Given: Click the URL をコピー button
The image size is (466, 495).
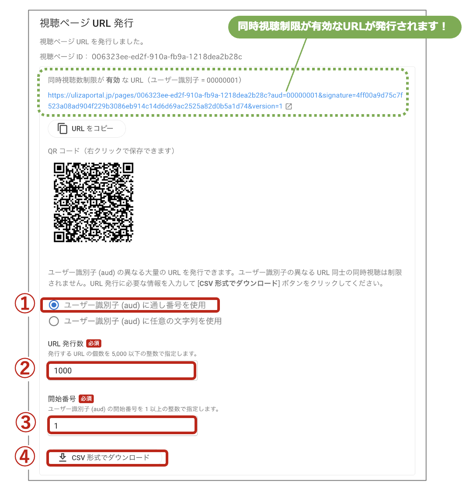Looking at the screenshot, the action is coord(87,129).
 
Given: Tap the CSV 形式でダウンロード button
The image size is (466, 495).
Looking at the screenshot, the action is coord(107,457).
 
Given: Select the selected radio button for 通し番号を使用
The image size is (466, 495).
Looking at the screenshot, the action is coord(54,305).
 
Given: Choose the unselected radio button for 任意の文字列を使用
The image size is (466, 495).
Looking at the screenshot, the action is coord(54,321).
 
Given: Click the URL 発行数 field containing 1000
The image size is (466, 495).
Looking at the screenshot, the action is coord(122,371).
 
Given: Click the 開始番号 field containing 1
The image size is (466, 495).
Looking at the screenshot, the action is coord(122,426).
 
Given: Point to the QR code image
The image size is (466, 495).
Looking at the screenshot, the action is coord(94,202).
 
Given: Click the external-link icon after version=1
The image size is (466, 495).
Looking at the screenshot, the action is coord(289,106).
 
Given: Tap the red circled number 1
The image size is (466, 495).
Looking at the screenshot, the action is coord(25,303).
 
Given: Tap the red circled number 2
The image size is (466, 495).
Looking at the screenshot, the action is coord(25,368).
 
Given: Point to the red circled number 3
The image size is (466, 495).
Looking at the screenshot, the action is coord(25,422).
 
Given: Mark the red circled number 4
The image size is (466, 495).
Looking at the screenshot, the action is coord(25,457).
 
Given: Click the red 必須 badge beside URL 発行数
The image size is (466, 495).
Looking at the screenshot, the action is coord(94,343).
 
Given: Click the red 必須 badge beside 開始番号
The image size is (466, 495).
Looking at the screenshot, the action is coord(86,399).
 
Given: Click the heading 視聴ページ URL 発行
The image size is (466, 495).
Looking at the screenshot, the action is coord(87,23).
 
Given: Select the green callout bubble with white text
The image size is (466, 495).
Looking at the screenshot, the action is coord(344,27).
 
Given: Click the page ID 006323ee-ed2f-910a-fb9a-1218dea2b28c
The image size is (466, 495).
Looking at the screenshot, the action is coord(167,57).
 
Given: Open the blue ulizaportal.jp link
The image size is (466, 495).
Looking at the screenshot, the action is coord(225,101).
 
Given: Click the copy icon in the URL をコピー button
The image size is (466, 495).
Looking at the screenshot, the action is coord(63,129).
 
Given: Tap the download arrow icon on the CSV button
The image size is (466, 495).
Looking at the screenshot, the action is coord(63,457).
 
